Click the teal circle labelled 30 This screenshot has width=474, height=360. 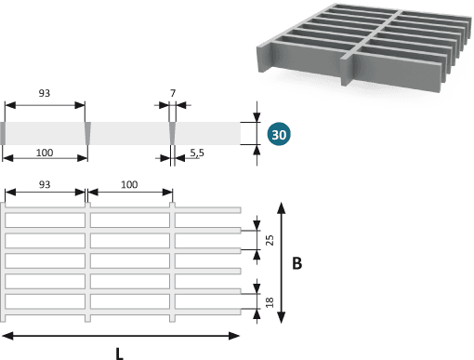point(279,134)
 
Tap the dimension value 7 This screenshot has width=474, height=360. point(173,93)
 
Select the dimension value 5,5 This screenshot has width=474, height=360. point(197,153)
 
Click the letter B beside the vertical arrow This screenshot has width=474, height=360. point(296,263)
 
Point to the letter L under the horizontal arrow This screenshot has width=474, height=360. point(119,353)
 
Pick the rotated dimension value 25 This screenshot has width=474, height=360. point(270,240)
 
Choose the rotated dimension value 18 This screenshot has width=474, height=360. point(270,302)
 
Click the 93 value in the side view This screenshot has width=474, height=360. point(45,93)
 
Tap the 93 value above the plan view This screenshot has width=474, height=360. point(45,184)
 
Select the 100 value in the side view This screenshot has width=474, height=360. point(45,153)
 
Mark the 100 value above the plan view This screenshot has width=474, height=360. point(129,184)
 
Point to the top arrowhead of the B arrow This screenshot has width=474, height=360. point(281,207)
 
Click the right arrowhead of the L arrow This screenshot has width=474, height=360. point(234,336)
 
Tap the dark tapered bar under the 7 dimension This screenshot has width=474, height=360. point(172,133)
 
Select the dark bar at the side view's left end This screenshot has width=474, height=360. point(3,133)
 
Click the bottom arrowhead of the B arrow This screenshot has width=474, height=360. point(281,318)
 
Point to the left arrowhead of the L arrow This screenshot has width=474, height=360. point(7,336)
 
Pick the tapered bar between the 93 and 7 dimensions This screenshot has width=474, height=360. point(87,133)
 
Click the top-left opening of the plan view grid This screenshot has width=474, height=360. point(45,220)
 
